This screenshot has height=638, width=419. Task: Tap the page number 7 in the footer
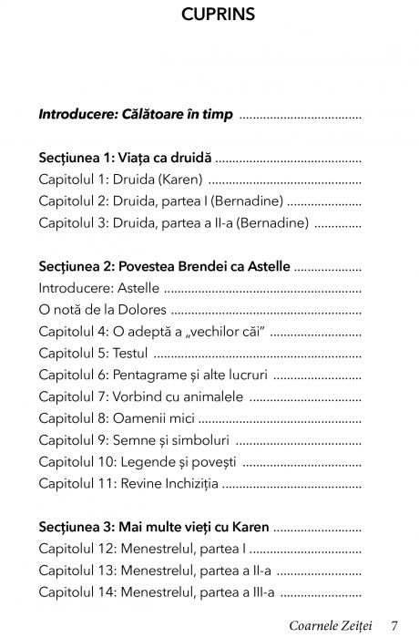point(393,625)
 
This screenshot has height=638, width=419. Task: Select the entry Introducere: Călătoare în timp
point(135,116)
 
